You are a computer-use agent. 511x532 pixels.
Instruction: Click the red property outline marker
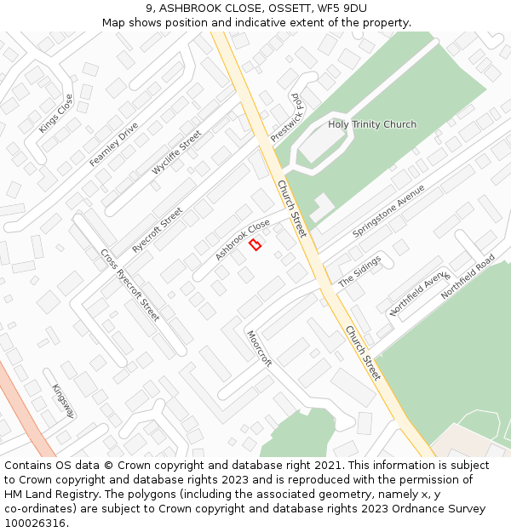click(254, 245)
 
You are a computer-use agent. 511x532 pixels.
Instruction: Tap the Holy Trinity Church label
click(372, 124)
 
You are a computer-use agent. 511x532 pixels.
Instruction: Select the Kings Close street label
click(56, 114)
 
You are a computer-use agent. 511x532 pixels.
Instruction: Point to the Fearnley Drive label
click(113, 145)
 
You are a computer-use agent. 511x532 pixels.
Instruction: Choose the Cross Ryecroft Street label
click(129, 284)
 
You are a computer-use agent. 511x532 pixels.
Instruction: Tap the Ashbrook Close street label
click(242, 239)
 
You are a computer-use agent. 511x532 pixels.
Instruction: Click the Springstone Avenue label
click(388, 210)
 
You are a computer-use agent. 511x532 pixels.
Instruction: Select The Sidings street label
click(359, 271)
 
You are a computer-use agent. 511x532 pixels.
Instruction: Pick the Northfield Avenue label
click(418, 295)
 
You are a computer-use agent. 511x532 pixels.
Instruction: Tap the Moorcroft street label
click(258, 347)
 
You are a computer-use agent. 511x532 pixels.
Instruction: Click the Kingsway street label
click(63, 401)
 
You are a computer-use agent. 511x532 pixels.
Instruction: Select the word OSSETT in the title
click(287, 8)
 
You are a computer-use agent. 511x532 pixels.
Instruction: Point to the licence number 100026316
click(36, 523)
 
